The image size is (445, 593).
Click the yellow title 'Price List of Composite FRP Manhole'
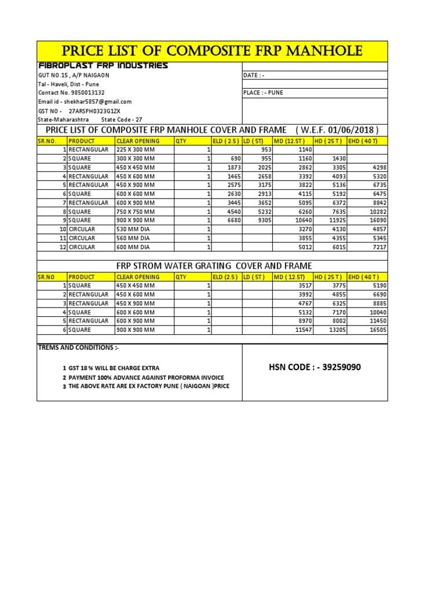coord(212,51)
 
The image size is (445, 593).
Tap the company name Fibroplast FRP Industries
coord(103,65)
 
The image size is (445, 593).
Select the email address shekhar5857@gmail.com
coord(85,101)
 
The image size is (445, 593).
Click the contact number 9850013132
coord(71,93)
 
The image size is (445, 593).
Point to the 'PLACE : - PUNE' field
coord(264,93)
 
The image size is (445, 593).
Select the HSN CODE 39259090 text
coord(315,367)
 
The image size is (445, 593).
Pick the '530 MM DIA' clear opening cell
coord(135,229)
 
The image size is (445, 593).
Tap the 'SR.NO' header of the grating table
coord(46,277)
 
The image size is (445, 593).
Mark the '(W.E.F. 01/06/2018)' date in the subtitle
coord(337,129)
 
